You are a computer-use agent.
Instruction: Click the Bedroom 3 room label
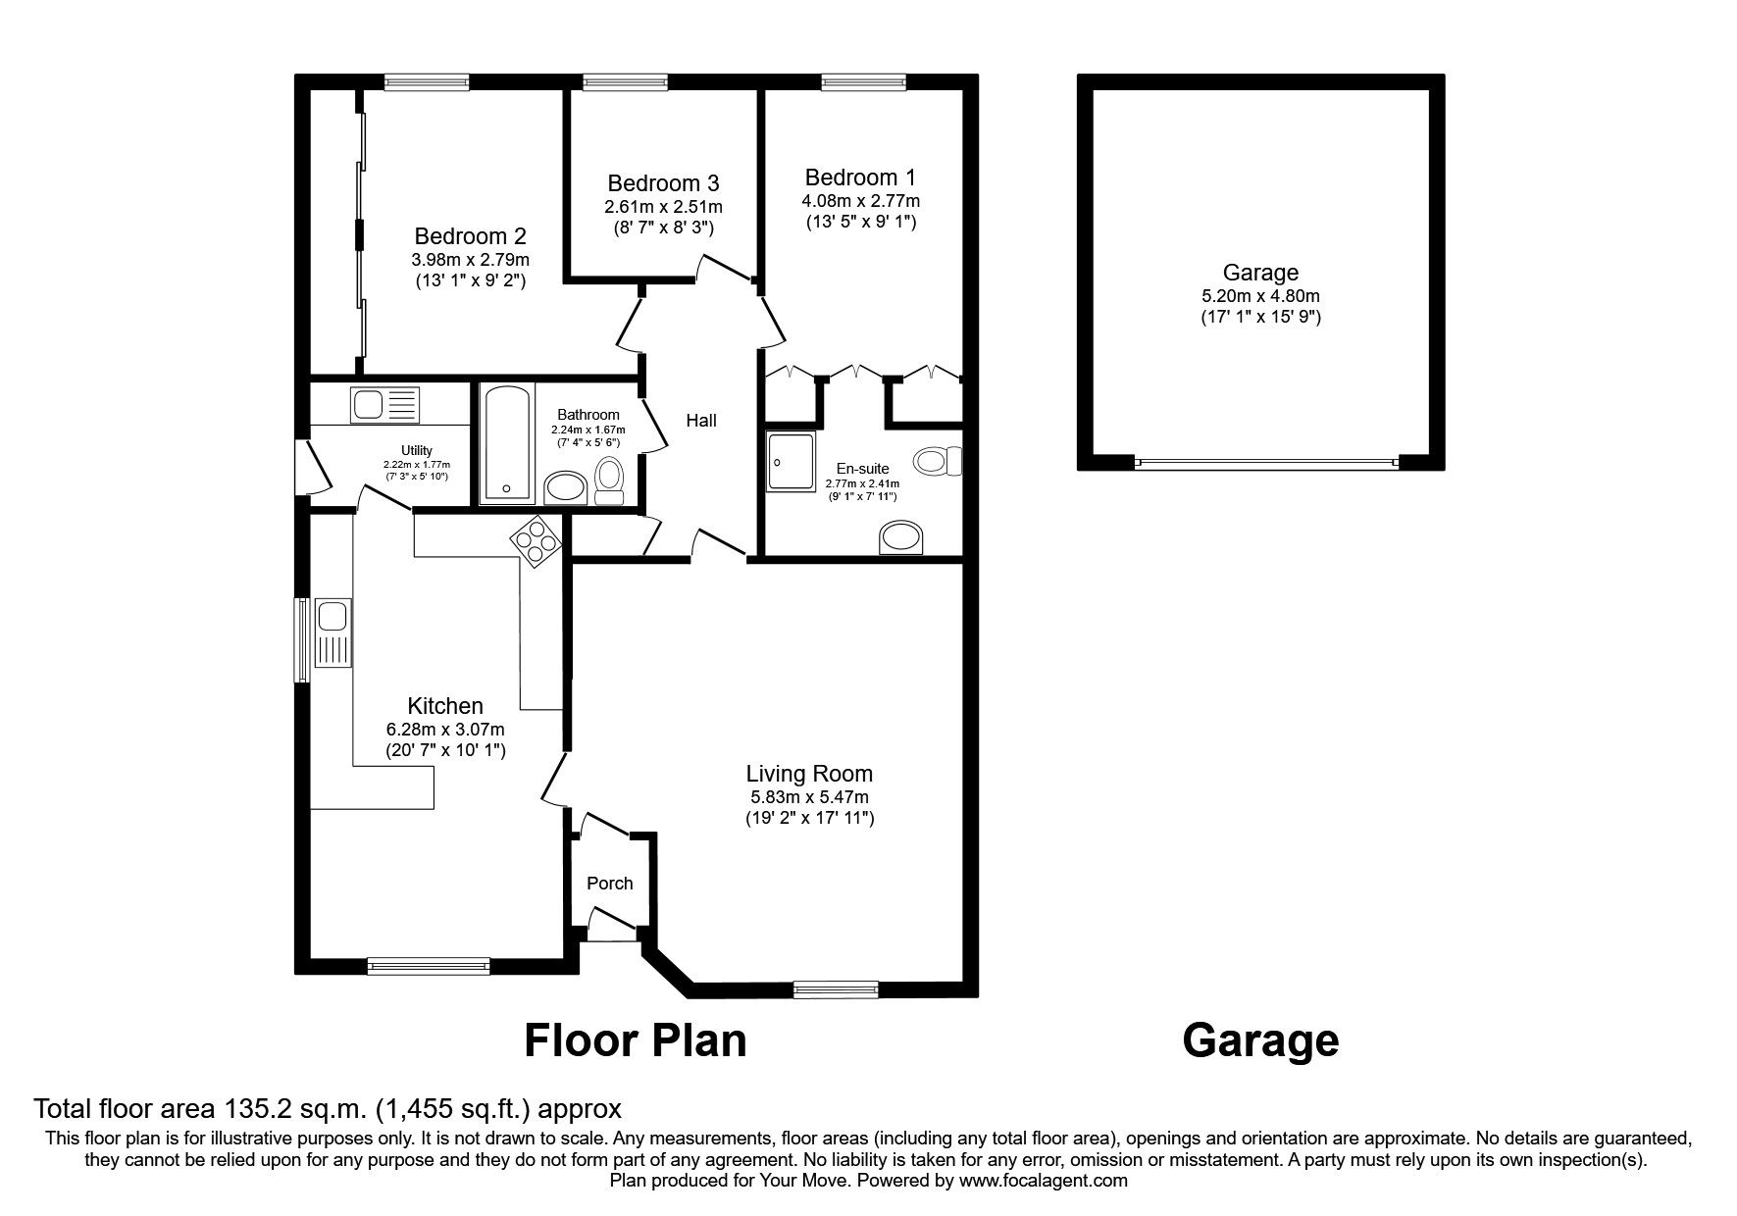[x=663, y=183]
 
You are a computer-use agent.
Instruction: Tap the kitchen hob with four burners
[x=535, y=541]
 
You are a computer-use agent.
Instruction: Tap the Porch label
[x=609, y=884]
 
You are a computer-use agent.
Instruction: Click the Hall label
[x=700, y=421]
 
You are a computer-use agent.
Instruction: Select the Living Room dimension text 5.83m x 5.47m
[x=808, y=797]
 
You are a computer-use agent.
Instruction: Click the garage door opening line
[x=1265, y=462]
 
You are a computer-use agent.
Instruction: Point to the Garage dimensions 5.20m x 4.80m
[x=1260, y=296]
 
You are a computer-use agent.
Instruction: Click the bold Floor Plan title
[x=635, y=1040]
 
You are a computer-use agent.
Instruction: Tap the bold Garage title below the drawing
[x=1260, y=1040]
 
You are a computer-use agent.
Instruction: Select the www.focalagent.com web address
[x=1043, y=1181]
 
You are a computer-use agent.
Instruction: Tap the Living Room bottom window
[x=836, y=990]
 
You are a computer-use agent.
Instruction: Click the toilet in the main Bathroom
[x=609, y=481]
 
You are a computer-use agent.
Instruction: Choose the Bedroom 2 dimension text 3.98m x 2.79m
[x=470, y=260]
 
